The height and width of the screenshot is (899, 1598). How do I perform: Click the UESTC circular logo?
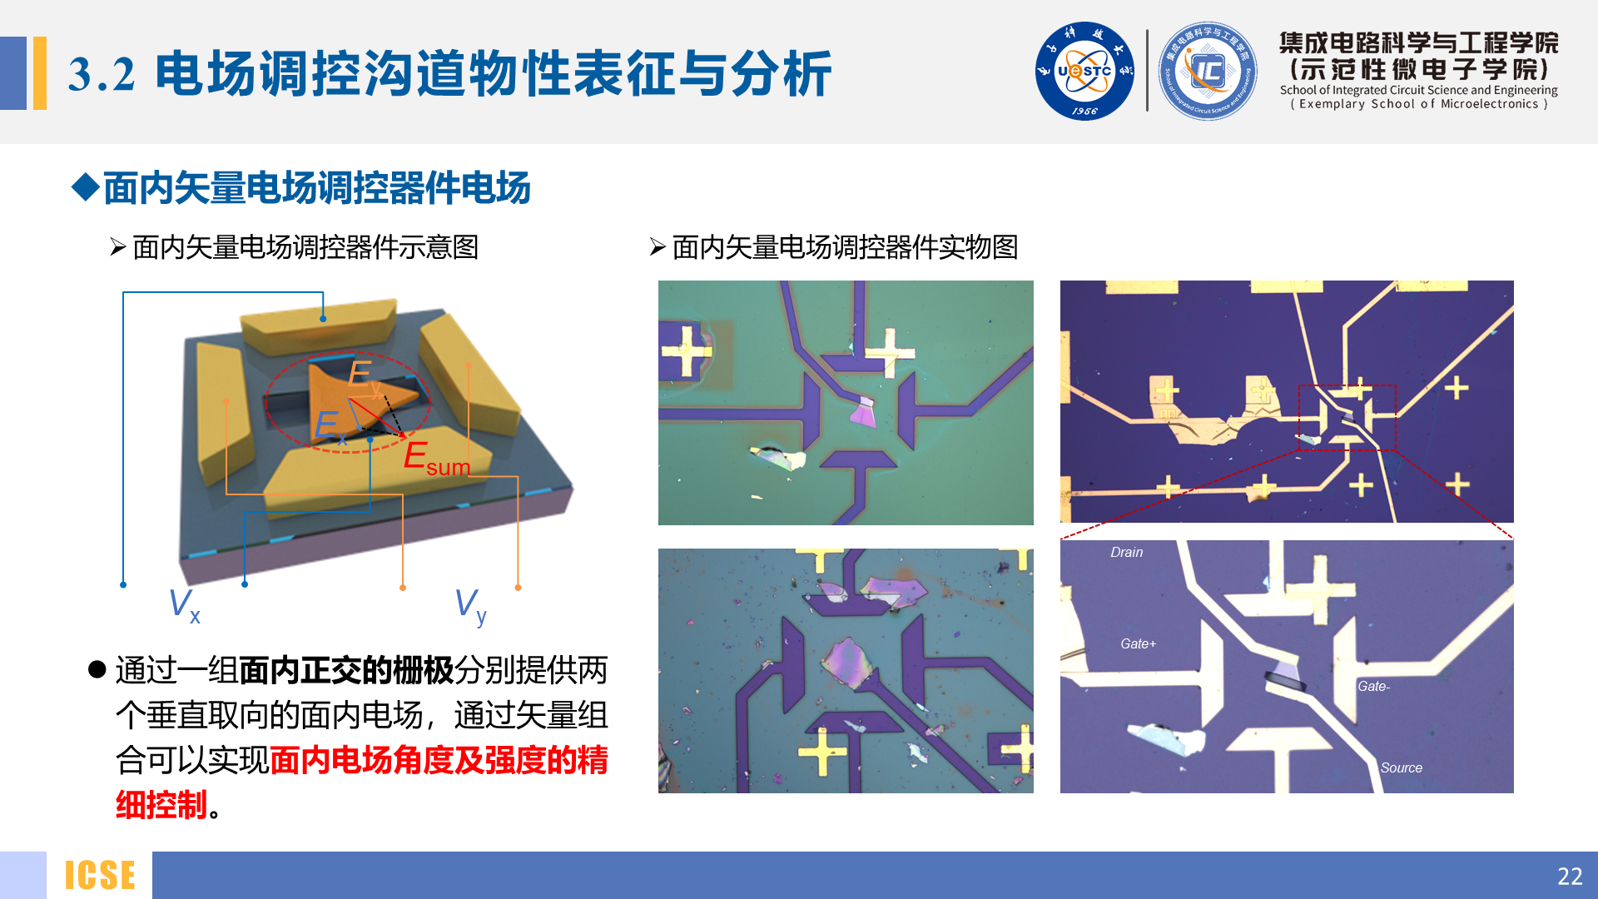point(1084,72)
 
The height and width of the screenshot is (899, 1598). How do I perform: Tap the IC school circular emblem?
point(1208,72)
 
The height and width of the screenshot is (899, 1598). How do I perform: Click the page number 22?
point(1569,876)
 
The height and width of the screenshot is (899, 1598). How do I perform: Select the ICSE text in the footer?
point(100,876)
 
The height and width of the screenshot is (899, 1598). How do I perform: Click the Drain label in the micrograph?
point(1126,553)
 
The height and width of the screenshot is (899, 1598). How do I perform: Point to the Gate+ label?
point(1138,644)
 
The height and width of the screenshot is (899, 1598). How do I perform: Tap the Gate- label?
point(1373,687)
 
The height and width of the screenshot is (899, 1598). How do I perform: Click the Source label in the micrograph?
point(1401,768)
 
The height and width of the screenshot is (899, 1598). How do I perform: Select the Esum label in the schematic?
point(436,458)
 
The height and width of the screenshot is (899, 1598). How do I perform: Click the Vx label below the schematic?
point(184,604)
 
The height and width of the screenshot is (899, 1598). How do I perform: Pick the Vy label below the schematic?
point(470,605)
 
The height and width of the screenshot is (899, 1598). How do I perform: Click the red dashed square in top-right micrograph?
point(1347,417)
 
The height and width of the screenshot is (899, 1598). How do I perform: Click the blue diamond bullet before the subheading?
point(86,186)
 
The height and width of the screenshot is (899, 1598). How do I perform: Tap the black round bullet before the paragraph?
point(97,669)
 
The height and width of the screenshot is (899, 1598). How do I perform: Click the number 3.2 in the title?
point(102,75)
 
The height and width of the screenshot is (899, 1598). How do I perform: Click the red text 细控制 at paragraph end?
point(161,805)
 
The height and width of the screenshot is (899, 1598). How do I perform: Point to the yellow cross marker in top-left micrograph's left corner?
point(686,350)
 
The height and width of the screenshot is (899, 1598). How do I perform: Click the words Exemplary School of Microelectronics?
point(1418,105)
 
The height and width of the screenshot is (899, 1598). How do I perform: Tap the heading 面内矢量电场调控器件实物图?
point(844,247)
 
